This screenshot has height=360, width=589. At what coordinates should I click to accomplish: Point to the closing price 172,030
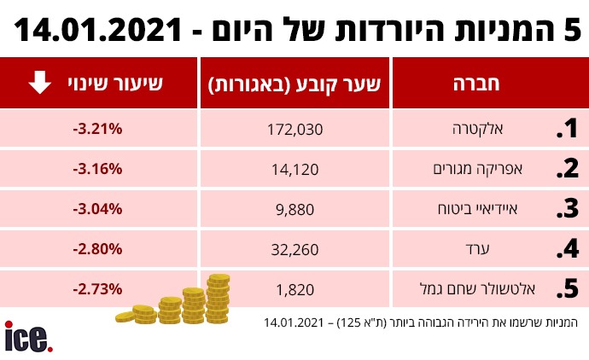click(x=294, y=130)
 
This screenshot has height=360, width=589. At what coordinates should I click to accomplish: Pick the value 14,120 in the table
click(x=294, y=169)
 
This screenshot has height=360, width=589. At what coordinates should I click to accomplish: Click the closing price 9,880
click(x=294, y=209)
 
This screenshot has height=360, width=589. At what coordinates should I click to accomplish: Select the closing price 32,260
click(x=294, y=249)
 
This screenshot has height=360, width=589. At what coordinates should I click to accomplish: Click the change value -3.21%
click(x=98, y=130)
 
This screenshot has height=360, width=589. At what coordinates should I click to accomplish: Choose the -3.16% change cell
click(x=98, y=169)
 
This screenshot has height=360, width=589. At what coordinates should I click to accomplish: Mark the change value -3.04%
click(x=98, y=209)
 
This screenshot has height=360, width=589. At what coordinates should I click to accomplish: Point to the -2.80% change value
click(x=98, y=249)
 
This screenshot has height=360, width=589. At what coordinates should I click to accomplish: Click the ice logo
click(x=28, y=337)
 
